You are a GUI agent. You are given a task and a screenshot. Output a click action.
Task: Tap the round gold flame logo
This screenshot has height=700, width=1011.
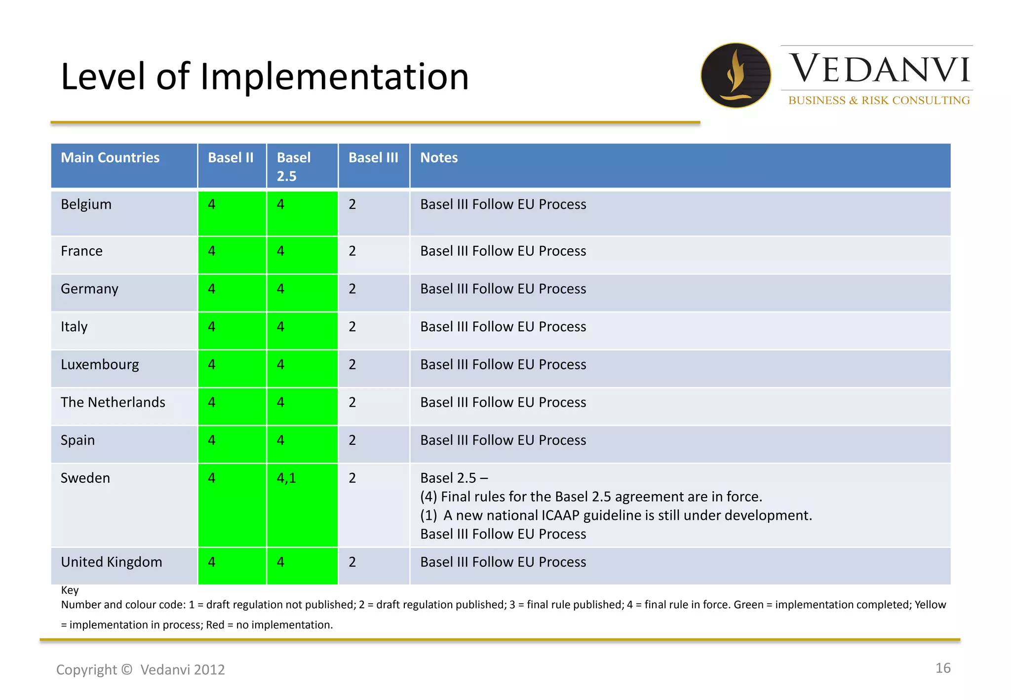point(736,75)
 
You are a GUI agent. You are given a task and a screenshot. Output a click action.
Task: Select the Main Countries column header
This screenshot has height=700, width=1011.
point(110,157)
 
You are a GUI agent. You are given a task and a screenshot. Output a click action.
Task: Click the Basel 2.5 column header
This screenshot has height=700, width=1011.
point(294,166)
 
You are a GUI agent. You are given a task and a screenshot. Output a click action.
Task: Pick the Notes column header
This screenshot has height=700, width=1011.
point(439,157)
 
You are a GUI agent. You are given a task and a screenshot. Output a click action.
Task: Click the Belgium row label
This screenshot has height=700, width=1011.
point(86,204)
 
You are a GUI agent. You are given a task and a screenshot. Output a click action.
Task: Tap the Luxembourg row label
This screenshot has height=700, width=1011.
point(100,364)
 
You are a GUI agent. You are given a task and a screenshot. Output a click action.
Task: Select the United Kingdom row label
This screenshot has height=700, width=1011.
point(111,562)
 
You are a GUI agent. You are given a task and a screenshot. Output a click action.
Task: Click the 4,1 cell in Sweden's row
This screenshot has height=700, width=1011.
point(286,478)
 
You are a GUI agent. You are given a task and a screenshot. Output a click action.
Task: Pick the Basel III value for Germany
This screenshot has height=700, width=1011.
point(352,289)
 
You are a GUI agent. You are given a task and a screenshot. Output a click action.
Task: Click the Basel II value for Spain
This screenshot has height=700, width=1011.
point(212,440)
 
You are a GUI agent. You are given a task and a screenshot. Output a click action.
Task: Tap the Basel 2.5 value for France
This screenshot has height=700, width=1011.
point(280,251)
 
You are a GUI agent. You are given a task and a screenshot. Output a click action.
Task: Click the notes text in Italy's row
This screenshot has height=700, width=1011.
point(503,327)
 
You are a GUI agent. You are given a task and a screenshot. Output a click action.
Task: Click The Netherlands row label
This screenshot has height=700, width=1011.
point(113,402)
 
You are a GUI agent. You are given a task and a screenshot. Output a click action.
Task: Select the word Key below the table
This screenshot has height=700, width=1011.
point(70,590)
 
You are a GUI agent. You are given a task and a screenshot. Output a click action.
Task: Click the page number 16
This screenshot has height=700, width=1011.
point(942,668)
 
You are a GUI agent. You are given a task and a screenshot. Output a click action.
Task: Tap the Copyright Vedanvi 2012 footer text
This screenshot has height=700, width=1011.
point(140,669)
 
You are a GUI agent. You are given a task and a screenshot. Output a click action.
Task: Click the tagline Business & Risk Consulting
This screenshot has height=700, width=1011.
point(879,100)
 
